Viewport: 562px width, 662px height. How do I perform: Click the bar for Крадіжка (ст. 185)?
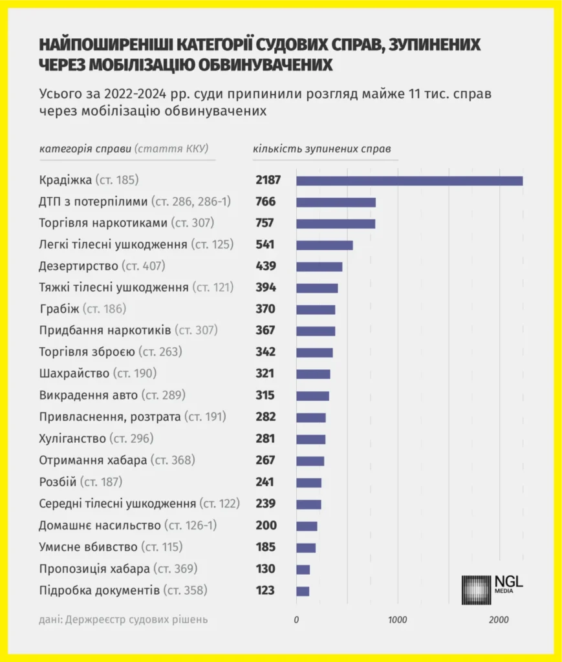tap(409, 180)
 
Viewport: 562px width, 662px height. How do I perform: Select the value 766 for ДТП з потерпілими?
tap(265, 202)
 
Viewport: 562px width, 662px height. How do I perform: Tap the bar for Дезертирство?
tap(319, 266)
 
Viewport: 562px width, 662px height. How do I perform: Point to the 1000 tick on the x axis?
tap(397, 620)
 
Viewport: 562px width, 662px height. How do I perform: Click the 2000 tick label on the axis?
tap(499, 620)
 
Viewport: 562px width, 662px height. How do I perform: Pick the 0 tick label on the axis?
tap(296, 620)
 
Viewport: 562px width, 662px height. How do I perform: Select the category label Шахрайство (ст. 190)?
tap(98, 374)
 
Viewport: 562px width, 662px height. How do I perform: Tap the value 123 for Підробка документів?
tap(265, 590)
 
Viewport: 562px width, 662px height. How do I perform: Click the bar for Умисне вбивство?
tap(306, 548)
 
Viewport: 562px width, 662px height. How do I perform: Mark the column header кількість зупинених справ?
tap(321, 149)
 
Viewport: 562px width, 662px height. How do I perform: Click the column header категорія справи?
tap(86, 149)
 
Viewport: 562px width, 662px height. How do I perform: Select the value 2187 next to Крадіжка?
tap(268, 180)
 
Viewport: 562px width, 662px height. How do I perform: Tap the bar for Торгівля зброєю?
tap(314, 353)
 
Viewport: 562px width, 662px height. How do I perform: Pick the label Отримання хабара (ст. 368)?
tap(117, 460)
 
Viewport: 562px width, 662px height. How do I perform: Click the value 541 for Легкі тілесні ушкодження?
tap(265, 245)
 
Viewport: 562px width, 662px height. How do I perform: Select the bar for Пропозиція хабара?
tap(303, 569)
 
